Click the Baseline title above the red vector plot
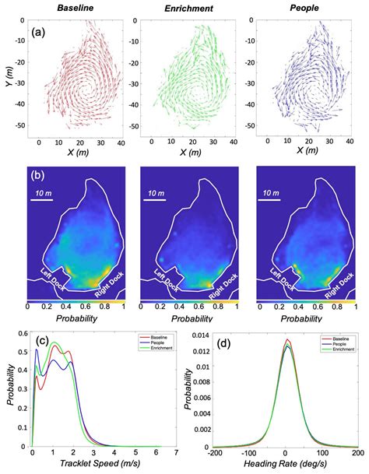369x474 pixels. (x=74, y=8)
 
